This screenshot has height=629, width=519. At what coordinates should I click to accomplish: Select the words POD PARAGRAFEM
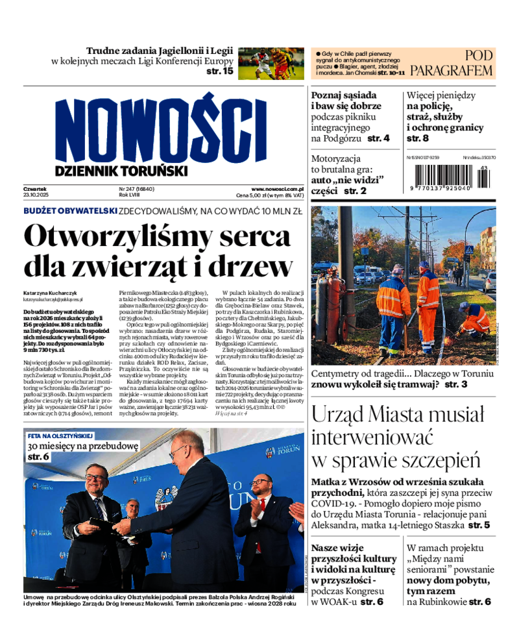pyautogui.click(x=452, y=63)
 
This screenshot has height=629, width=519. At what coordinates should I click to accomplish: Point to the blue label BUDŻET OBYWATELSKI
pyautogui.click(x=70, y=211)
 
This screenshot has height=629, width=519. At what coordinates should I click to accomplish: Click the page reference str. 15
pyautogui.click(x=219, y=71)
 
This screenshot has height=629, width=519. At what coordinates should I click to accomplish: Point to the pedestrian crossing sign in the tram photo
pyautogui.click(x=468, y=249)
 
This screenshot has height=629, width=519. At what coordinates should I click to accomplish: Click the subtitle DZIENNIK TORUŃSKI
pyautogui.click(x=121, y=171)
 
